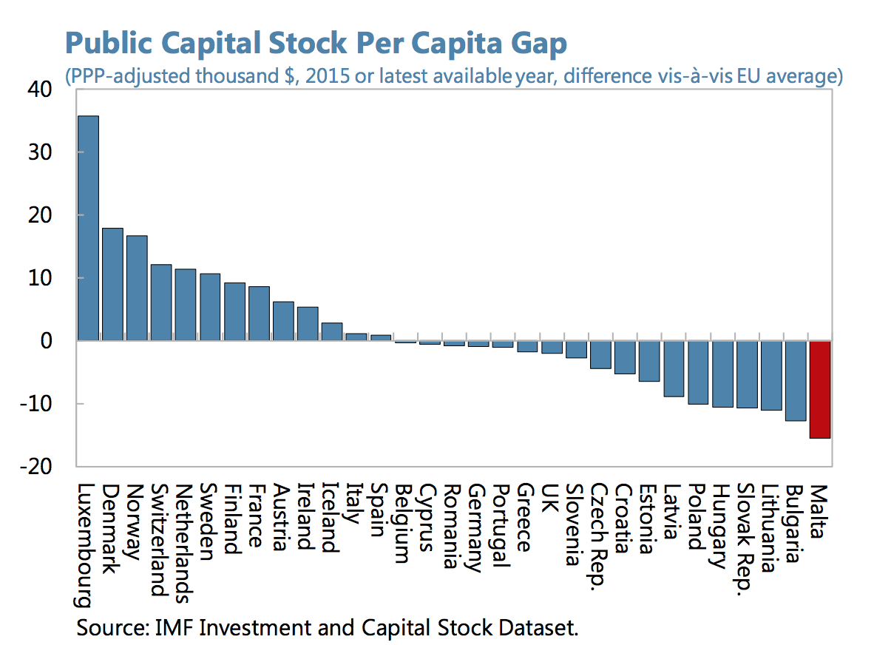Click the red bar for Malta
pos(820,389)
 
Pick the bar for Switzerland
pos(161,303)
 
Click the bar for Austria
pos(283,321)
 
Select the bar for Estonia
pos(649,361)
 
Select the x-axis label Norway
pos(136,521)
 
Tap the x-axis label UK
pos(551,498)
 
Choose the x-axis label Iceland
pos(331,519)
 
